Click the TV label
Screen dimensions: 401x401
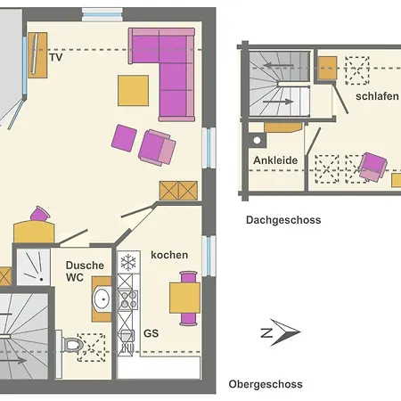click(55, 58)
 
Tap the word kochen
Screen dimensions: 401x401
click(169, 255)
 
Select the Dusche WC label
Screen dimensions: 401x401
click(86, 272)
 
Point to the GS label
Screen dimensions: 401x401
click(151, 334)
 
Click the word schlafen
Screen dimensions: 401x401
click(375, 96)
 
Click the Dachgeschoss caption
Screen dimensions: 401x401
click(283, 219)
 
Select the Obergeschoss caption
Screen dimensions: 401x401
click(266, 384)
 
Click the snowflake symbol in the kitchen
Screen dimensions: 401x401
click(128, 262)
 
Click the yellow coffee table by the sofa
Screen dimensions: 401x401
click(134, 89)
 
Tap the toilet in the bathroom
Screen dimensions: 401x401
click(73, 343)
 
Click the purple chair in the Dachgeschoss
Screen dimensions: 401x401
click(371, 166)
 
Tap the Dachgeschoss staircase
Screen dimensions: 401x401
click(277, 86)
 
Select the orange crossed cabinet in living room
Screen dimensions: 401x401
click(178, 192)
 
